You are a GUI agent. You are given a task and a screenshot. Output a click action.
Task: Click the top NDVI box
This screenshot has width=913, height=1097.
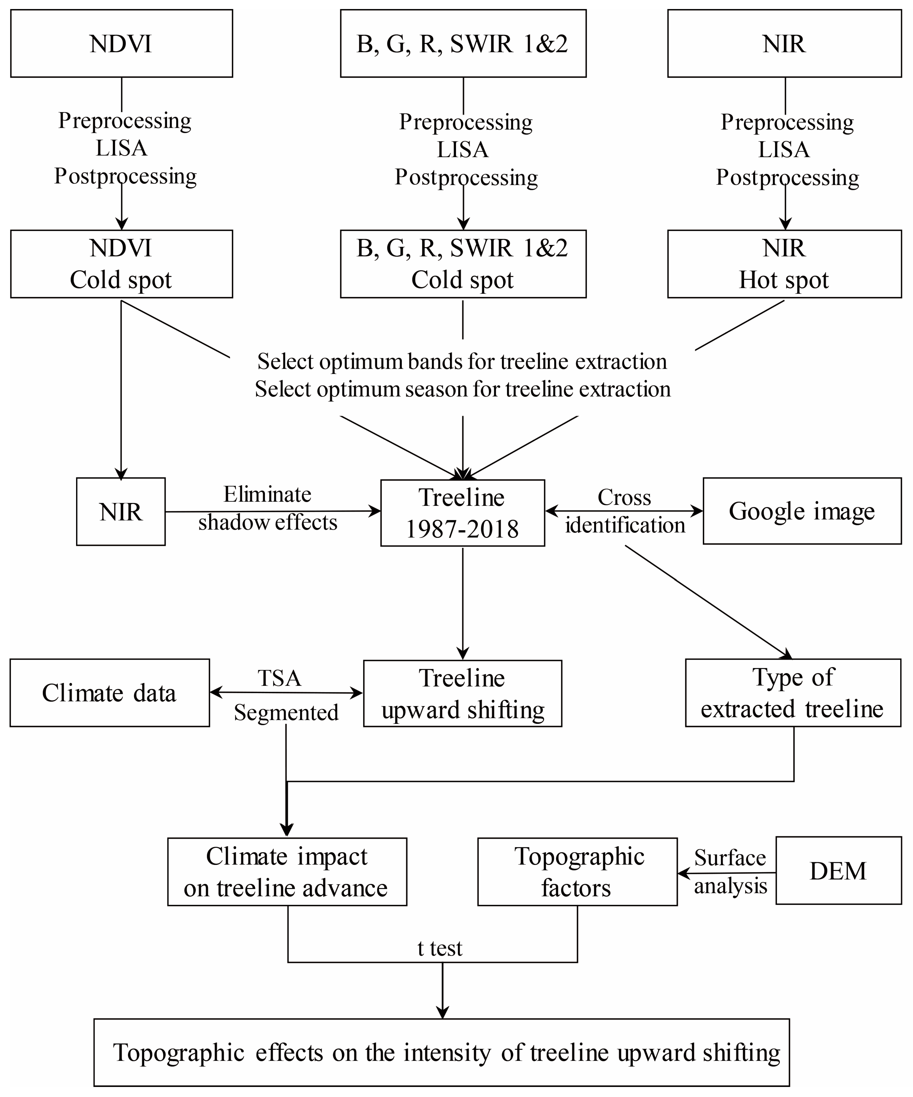(121, 43)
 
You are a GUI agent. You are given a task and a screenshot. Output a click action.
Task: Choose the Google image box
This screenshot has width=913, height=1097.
(802, 511)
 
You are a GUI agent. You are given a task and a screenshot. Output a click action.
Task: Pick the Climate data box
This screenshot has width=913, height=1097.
(110, 693)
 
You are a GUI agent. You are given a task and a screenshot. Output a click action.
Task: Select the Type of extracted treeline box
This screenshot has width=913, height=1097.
(793, 693)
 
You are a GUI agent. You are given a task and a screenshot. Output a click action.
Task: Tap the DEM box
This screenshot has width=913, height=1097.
(838, 871)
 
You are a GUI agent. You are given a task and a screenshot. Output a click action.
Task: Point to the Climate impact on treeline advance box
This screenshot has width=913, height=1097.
(287, 872)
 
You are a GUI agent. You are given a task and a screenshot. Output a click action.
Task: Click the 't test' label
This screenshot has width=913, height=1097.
(440, 948)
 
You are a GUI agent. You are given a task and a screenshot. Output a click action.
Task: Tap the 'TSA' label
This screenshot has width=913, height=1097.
(279, 678)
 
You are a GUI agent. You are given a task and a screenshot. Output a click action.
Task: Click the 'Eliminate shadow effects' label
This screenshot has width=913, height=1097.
(267, 508)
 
